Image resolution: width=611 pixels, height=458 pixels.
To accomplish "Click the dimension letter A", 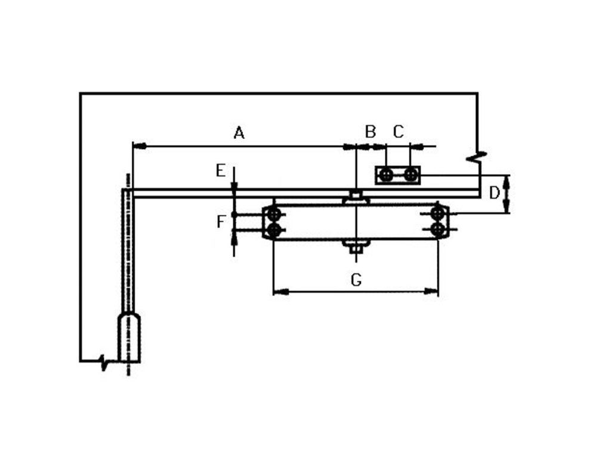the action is pos(239,132).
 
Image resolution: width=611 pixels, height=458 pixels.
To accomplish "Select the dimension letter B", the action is pos(371,131).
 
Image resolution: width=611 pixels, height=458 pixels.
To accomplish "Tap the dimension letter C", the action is pos(398,131).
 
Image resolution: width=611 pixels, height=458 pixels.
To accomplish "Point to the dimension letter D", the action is pos(494,193).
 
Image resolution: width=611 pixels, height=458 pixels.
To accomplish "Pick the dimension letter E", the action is pos(221,171).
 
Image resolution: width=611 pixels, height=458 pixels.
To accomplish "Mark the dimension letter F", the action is pos(221,222).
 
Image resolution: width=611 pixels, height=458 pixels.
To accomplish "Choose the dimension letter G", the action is pos(356,279).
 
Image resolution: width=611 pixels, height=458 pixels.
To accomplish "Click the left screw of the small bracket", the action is pos(386,175).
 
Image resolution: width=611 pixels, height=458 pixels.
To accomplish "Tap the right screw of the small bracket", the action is pos(410,175).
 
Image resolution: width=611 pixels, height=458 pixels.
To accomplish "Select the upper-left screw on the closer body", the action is pos(273,213).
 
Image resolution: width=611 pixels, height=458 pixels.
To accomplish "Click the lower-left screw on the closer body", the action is pos(273,230).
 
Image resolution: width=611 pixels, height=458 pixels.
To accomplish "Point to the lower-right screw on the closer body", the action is pos(439,230).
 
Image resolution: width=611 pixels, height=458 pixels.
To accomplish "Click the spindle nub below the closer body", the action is pos(356,245).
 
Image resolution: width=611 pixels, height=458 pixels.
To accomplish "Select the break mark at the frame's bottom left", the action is pos(104,361).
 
